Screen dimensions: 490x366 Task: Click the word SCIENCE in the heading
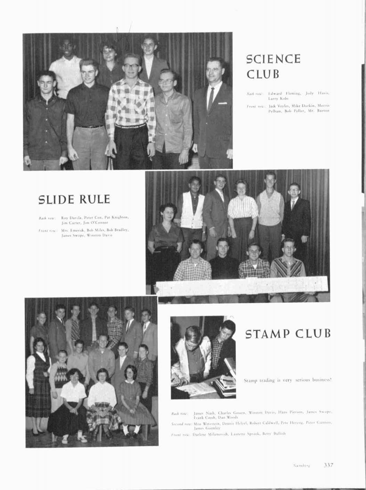point(273,59)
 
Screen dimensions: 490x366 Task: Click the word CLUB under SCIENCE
point(263,74)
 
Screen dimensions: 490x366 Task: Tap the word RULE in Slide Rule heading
point(95,199)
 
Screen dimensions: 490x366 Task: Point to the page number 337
point(328,465)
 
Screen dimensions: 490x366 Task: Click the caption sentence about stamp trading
point(288,380)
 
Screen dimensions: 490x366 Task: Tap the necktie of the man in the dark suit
point(211,99)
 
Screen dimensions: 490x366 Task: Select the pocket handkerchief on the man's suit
point(222,103)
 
